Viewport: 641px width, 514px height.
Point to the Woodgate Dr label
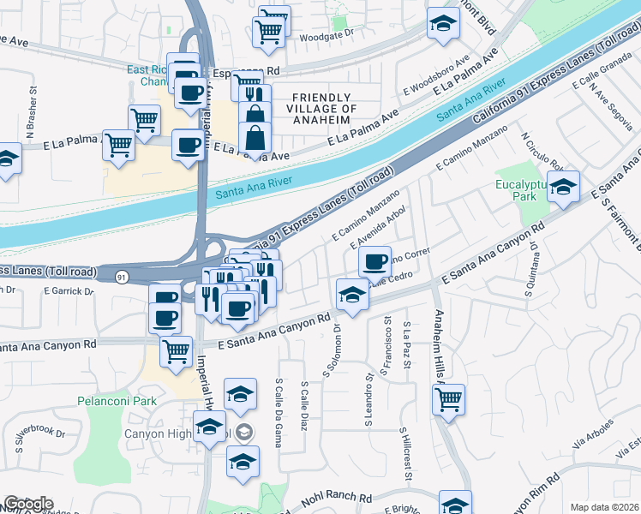326,37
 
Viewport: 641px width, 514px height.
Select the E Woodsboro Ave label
437,76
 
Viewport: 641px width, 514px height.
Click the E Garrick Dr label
69,291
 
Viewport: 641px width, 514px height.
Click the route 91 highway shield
123,276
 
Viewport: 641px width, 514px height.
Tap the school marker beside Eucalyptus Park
563,188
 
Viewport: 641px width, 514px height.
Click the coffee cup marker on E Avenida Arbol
374,262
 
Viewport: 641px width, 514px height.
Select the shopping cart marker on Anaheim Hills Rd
449,400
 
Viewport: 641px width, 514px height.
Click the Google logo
28,504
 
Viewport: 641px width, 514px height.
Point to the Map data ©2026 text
605,507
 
